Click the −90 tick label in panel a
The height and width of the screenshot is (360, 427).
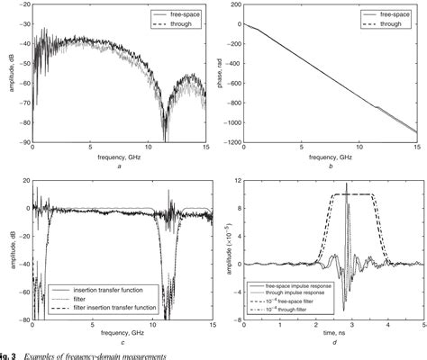pos(19,142)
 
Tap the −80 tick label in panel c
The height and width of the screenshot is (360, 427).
pos(19,318)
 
